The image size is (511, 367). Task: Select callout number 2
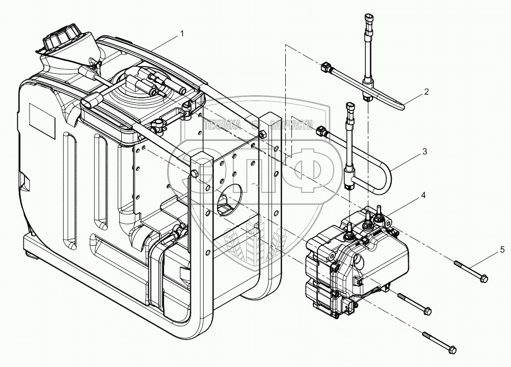click(x=426, y=92)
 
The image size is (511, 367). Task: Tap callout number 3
click(x=424, y=151)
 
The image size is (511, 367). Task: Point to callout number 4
click(x=423, y=195)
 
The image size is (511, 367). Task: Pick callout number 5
click(x=502, y=249)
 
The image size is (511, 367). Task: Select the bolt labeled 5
click(x=471, y=270)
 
